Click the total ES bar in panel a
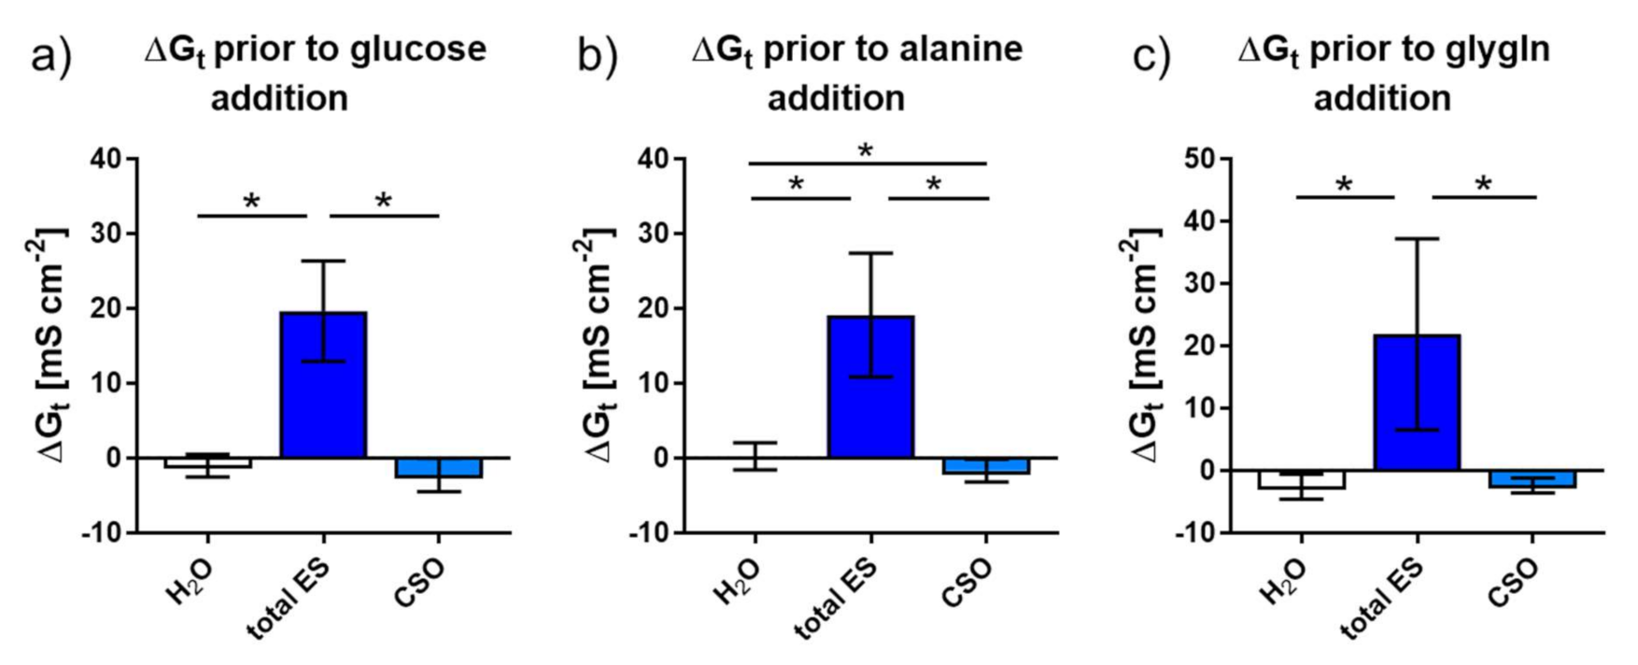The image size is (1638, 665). (323, 392)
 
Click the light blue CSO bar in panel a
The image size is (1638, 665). (439, 468)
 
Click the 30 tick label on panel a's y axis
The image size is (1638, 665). (105, 233)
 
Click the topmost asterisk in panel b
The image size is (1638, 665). (866, 150)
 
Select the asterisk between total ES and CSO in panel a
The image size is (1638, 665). (383, 201)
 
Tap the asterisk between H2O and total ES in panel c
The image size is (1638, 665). (1344, 185)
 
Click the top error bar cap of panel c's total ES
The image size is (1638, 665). (1417, 239)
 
